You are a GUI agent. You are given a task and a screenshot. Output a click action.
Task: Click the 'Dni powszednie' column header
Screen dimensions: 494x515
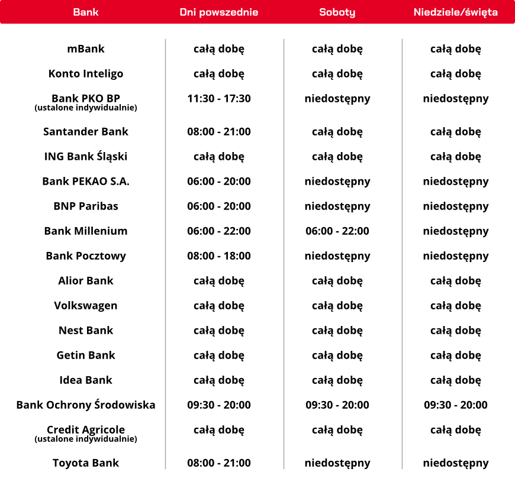(x=219, y=12)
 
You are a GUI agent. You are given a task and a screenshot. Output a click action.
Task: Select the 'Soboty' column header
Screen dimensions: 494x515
(x=337, y=12)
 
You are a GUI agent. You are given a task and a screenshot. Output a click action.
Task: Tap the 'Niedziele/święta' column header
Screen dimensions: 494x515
(x=456, y=12)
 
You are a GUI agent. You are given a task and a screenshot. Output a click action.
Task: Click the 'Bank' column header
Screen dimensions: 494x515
(x=86, y=12)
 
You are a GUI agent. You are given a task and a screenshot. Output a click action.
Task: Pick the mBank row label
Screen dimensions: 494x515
(x=86, y=49)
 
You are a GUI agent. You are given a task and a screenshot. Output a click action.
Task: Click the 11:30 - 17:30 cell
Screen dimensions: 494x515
(x=219, y=99)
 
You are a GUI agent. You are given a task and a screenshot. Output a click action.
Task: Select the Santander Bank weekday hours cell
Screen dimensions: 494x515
(x=219, y=132)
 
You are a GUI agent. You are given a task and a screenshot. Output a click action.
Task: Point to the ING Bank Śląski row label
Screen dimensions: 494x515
(x=86, y=157)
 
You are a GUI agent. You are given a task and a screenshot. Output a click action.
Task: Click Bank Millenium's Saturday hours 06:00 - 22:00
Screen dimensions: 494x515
(x=337, y=231)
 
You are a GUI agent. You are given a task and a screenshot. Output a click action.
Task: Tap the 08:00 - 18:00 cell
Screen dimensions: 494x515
(x=219, y=256)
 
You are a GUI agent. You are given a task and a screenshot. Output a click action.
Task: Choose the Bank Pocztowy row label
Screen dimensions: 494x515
(x=86, y=256)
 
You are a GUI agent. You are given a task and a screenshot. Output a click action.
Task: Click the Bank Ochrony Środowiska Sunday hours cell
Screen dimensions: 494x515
(x=456, y=405)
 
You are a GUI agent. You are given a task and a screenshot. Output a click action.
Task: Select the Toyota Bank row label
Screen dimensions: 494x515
(x=86, y=463)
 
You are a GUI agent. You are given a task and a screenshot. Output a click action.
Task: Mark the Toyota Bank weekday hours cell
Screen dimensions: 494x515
(x=219, y=463)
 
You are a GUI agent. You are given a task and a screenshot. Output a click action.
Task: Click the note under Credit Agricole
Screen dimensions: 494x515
(x=86, y=439)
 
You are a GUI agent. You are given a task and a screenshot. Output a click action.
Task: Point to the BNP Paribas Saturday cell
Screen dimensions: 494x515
(x=337, y=206)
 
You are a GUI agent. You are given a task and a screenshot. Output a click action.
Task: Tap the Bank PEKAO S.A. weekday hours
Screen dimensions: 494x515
(x=219, y=182)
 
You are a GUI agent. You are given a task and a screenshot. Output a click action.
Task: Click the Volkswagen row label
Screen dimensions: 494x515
(x=86, y=306)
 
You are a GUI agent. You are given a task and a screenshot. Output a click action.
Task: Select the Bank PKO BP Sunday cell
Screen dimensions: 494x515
(x=456, y=99)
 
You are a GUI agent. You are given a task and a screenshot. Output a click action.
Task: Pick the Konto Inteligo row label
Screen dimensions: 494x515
(x=86, y=74)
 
